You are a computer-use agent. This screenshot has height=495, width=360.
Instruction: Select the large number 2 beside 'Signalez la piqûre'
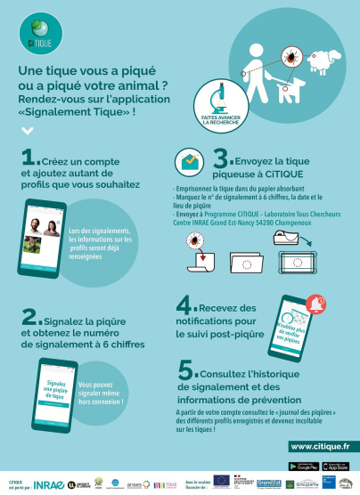tap(30, 318)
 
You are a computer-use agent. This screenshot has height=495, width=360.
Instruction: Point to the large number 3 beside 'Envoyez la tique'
tap(223, 159)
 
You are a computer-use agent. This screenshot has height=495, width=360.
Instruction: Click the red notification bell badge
tap(315, 306)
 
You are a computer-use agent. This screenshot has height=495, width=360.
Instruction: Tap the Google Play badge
tap(306, 467)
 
